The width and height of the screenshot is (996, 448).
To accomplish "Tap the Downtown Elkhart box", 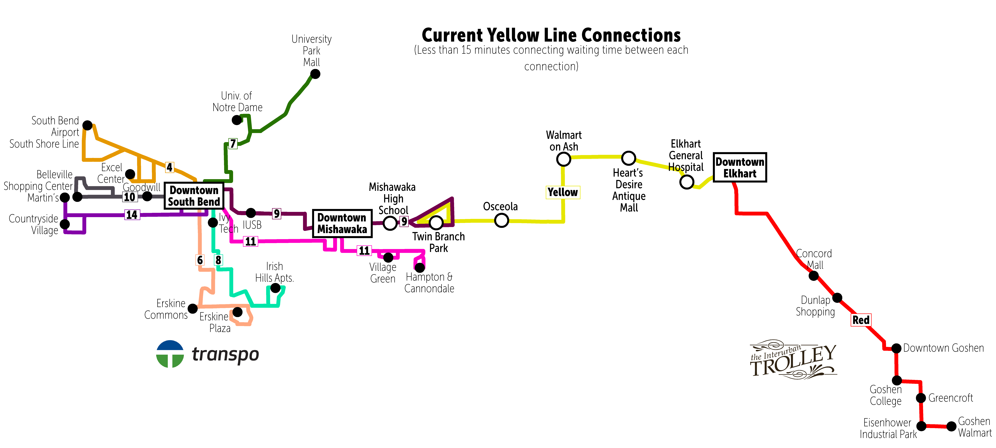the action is pos(740,167).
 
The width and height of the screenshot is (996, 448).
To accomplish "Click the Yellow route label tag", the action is pos(563,192).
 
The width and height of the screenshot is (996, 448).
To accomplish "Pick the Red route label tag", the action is pos(861,320).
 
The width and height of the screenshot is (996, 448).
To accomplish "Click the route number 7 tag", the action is pos(233,144).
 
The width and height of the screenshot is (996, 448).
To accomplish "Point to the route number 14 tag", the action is pos(132,215).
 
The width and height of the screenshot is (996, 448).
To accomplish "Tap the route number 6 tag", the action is pos(200,260).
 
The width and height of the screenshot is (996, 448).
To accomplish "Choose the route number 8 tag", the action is pos(218,260).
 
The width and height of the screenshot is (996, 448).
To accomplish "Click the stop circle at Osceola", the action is pos(501,221).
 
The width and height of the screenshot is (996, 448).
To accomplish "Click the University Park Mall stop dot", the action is pos(315,74).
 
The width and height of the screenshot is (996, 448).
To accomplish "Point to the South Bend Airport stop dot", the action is pos(88,125).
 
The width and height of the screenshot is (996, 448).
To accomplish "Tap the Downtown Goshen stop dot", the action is pos(897,348).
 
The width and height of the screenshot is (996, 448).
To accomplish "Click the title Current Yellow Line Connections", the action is pos(551,35).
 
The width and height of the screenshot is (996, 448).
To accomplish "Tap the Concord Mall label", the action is pos(814,259).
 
